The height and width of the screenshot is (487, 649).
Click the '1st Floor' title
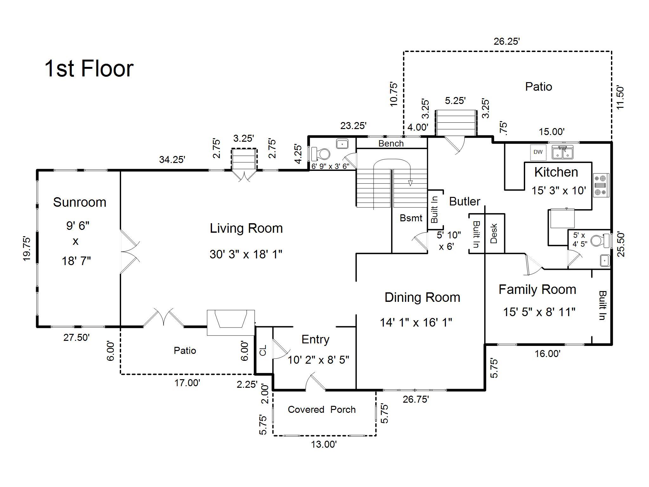[89, 68]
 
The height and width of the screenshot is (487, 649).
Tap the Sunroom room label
[80, 202]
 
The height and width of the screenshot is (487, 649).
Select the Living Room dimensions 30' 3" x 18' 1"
[246, 254]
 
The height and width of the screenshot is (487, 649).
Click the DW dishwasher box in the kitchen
[538, 152]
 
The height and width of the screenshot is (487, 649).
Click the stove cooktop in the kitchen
[601, 185]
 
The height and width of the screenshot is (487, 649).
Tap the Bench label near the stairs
[391, 143]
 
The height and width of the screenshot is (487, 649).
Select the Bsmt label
[411, 218]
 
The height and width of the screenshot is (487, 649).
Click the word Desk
[494, 234]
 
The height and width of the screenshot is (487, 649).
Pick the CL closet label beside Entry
[263, 350]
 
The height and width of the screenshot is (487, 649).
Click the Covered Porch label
[322, 410]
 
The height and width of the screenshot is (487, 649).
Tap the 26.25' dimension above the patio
[507, 41]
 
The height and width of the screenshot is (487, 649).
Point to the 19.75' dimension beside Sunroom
[27, 249]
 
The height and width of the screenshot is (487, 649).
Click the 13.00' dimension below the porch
[324, 445]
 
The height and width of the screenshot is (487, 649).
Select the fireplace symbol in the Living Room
[231, 322]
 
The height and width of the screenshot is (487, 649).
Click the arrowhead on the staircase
[410, 183]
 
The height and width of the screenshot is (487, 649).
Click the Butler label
[465, 201]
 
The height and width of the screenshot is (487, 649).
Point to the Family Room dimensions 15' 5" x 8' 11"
[539, 312]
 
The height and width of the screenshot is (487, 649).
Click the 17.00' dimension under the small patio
[187, 383]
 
